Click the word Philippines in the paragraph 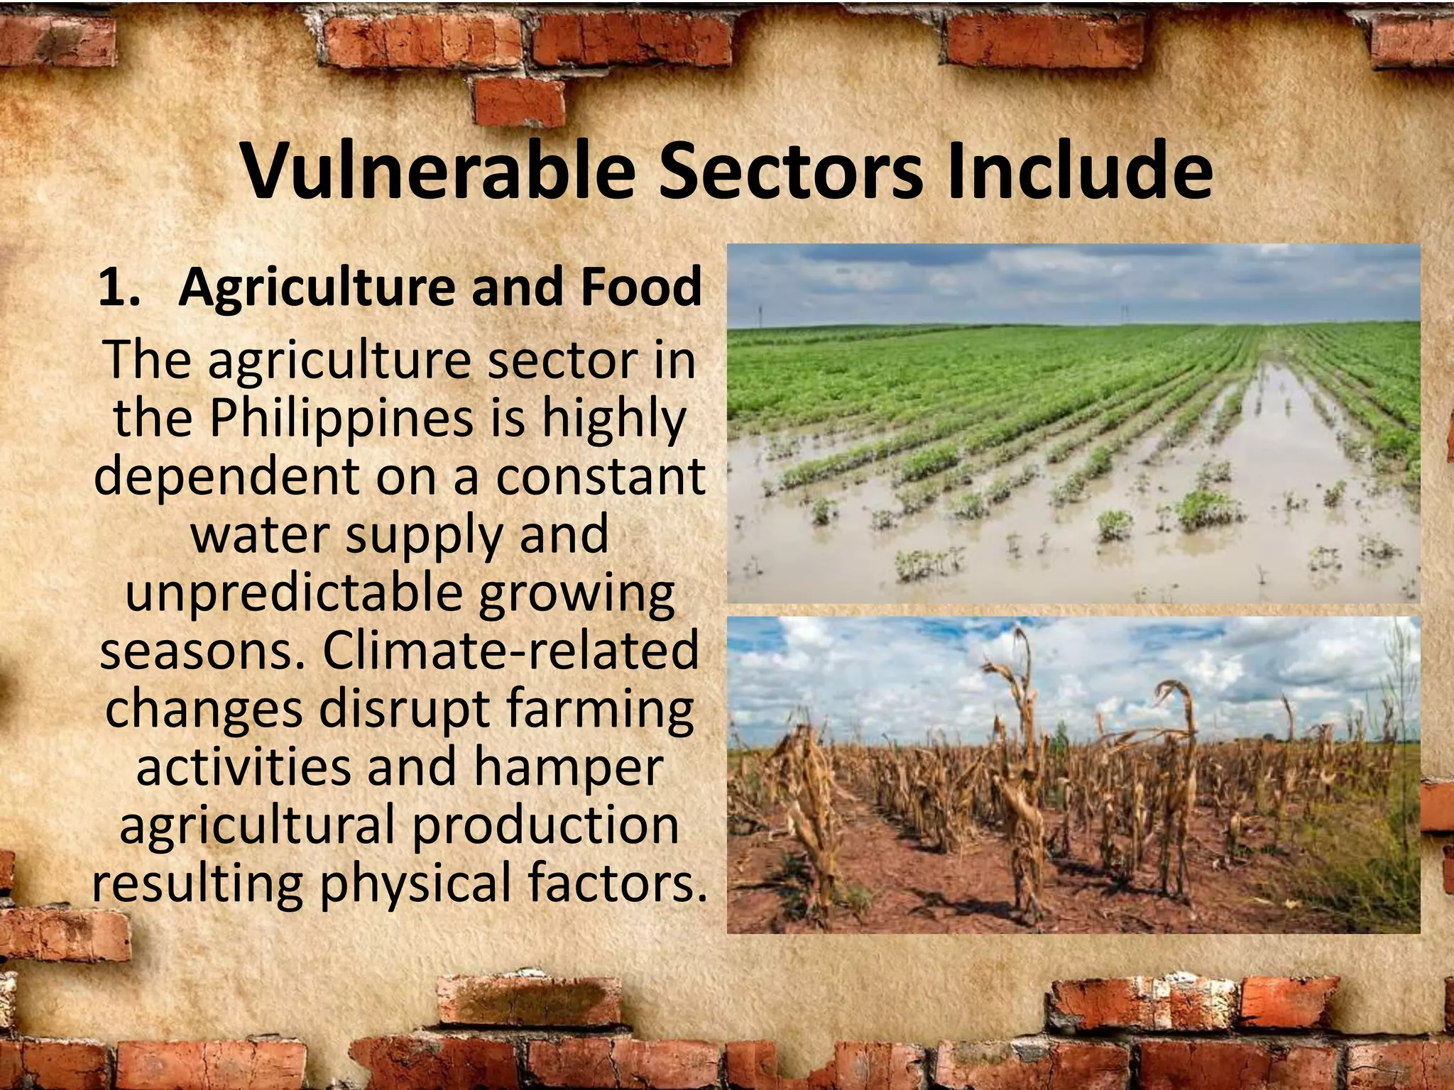coord(341,419)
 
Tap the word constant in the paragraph coord(600,476)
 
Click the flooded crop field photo coord(1073,423)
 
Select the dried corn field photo coord(1073,774)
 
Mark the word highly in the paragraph coord(614,419)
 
